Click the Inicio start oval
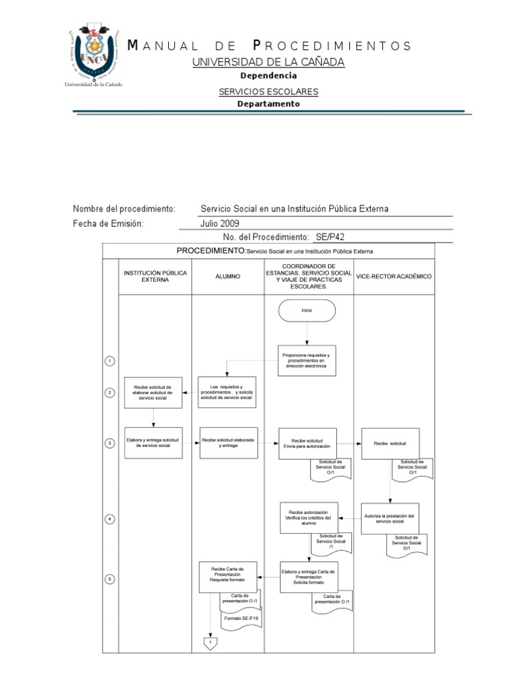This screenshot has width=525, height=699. [307, 310]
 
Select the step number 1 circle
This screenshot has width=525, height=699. [109, 361]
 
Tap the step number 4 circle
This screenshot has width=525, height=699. [109, 519]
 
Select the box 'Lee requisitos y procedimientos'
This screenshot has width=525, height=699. [227, 393]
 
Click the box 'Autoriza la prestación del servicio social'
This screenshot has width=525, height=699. [390, 519]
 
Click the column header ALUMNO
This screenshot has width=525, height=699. [227, 276]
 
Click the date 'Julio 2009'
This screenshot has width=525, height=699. [220, 223]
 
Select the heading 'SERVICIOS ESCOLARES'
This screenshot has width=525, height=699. [268, 91]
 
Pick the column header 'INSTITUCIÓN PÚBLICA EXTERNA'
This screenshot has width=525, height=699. [154, 276]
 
